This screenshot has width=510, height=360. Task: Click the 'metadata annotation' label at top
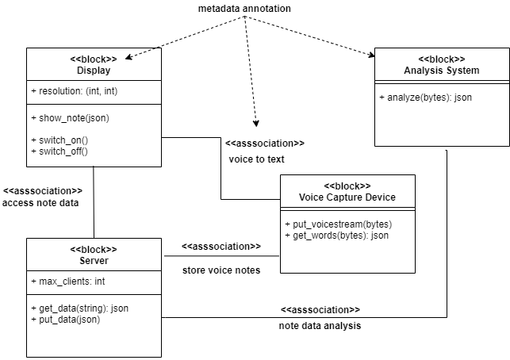pos(244,8)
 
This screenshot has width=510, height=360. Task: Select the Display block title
pos(94,71)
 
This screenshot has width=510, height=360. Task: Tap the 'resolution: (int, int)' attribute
pos(75,92)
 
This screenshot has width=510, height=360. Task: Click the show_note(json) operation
pos(70,118)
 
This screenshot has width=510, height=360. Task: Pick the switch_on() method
pos(59,140)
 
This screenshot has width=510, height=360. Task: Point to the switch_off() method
pos(59,150)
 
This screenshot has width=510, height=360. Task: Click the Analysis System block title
pos(441,71)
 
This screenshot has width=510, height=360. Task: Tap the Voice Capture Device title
pos(347,197)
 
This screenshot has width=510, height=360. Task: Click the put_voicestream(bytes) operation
pos(338,224)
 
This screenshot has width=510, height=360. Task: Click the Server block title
pos(94,260)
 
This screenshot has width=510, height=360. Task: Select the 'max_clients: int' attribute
pos(67,281)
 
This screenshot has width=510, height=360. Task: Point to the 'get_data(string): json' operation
pos(79,308)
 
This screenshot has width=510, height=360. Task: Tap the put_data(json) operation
pos(66,320)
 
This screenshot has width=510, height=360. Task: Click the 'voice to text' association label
pos(256,159)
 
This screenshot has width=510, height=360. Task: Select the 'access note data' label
pos(40,203)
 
